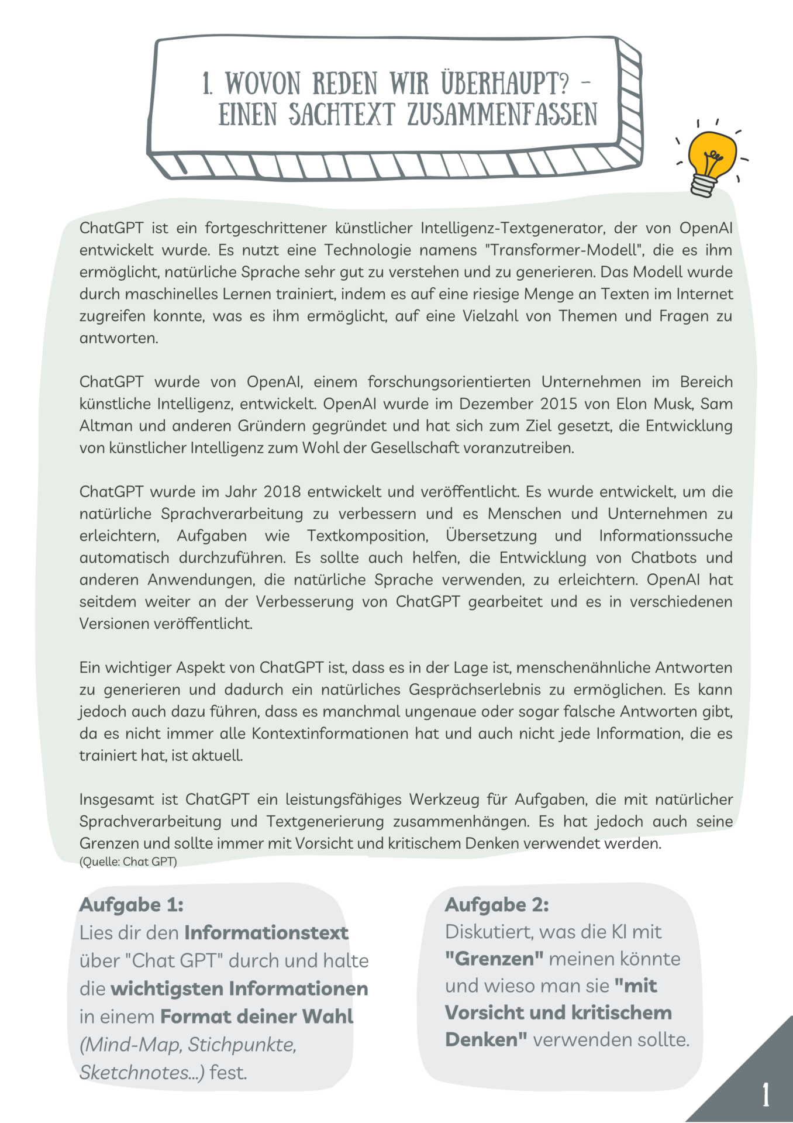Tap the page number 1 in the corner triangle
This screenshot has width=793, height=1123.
(766, 1094)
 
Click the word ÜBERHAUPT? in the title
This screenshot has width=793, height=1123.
(504, 83)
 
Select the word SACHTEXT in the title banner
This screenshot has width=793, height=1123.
(342, 114)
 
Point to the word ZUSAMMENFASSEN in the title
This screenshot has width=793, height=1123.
(502, 114)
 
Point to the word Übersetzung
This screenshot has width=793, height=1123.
(491, 536)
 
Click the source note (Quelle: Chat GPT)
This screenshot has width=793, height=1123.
(128, 862)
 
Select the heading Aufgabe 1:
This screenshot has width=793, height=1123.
(132, 905)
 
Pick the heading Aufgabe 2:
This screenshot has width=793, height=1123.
(497, 905)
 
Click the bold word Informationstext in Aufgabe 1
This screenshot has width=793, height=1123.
(266, 932)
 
